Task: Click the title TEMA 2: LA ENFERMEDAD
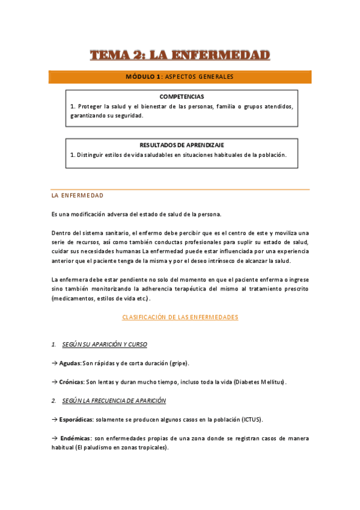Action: [x=180, y=55]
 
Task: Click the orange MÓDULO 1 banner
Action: [x=180, y=77]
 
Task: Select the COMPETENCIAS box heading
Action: [x=182, y=96]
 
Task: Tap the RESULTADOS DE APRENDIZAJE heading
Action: [x=182, y=145]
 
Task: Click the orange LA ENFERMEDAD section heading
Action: [x=78, y=195]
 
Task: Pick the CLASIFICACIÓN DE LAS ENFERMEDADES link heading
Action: [x=180, y=317]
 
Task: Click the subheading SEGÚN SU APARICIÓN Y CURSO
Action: [x=105, y=344]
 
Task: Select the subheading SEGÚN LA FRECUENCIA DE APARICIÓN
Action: [x=114, y=401]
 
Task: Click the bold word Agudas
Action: [x=70, y=363]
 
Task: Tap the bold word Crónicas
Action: [x=72, y=382]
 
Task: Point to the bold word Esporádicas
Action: [x=76, y=419]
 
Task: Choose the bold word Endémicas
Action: [x=75, y=438]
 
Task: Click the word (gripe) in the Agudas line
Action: [x=178, y=363]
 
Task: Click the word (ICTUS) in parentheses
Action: [x=251, y=419]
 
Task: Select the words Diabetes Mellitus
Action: [x=259, y=382]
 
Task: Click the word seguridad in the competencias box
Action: [x=128, y=115]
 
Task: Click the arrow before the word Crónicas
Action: [x=55, y=382]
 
